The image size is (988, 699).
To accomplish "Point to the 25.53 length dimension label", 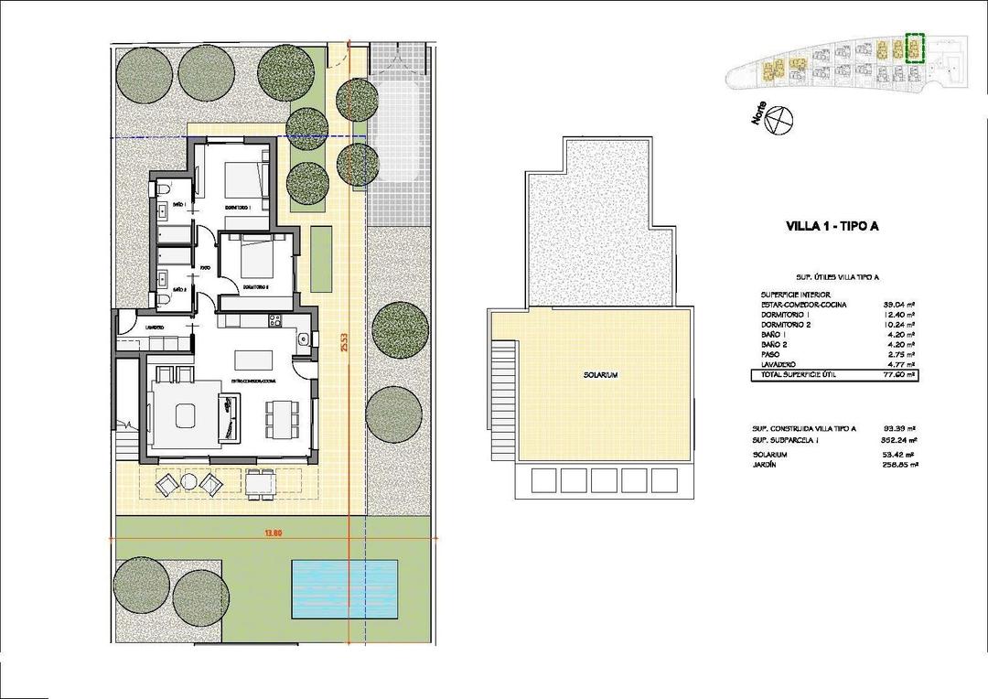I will coord(344,349).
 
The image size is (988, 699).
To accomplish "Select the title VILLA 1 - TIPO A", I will coord(832,227).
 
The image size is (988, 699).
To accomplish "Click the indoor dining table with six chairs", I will coord(281,419).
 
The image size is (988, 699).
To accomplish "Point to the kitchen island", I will coord(254,358).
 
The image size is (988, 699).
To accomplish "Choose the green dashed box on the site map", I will coord(914,48).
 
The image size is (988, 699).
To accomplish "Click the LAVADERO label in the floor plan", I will coord(154,327).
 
